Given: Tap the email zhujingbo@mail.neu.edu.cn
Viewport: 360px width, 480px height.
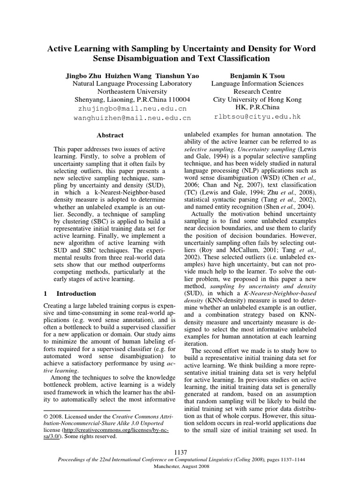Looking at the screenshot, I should tap(132, 108).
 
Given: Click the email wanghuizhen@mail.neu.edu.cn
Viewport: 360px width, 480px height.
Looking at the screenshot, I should tap(132, 118).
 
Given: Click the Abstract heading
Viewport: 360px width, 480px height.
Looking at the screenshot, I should tap(110, 135).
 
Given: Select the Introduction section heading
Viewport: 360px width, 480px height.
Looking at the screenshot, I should tap(76, 294).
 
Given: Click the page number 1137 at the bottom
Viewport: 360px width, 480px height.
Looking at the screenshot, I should tap(180, 452).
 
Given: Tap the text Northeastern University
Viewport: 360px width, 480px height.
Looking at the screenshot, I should tap(132, 91).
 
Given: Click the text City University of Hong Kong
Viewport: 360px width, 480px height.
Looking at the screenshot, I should tap(257, 100).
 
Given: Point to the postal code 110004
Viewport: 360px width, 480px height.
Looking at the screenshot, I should tap(177, 100).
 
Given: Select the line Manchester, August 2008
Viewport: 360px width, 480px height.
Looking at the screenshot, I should tap(180, 467).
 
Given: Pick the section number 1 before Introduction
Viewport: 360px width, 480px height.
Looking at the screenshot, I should tap(45, 294).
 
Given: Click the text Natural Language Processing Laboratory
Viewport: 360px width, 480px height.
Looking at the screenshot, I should tap(132, 83).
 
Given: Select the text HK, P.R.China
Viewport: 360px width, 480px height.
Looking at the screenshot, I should tap(257, 108).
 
